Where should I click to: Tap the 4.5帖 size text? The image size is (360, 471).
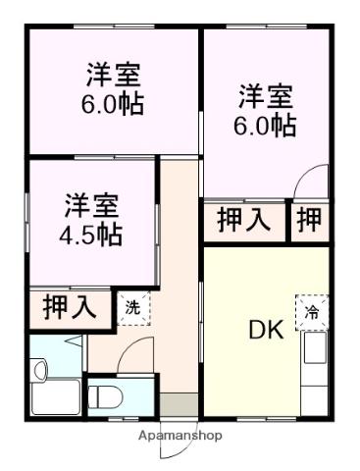[92, 235]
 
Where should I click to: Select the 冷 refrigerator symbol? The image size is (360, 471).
[311, 312]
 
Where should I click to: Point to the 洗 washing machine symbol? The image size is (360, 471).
[131, 306]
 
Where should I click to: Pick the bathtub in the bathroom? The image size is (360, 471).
[57, 398]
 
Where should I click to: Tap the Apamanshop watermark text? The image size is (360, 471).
[180, 435]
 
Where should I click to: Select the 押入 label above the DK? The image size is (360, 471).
[243, 220]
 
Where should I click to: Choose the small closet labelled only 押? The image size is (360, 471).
[309, 220]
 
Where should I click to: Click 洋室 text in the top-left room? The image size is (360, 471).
[113, 74]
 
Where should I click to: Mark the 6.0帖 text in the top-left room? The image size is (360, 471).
[113, 103]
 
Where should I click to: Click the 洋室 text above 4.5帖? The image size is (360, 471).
[92, 206]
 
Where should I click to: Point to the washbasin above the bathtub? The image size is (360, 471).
[39, 371]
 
